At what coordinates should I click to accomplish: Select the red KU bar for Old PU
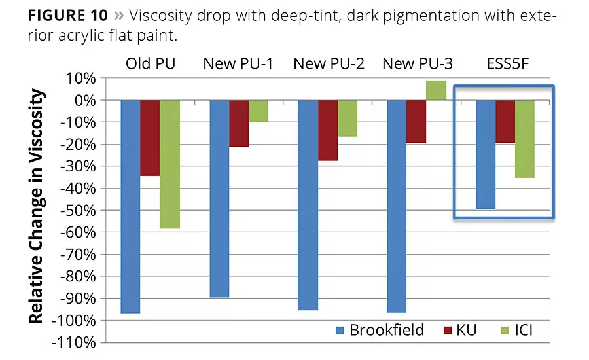tap(150, 138)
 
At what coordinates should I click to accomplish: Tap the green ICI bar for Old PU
tap(170, 164)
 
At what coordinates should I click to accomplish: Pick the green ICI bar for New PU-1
tap(259, 111)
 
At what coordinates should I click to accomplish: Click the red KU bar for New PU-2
tap(328, 130)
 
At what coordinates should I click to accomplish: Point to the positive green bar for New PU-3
tap(436, 90)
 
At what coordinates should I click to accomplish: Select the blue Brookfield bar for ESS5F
tap(485, 154)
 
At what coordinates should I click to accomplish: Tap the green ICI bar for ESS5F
tap(524, 139)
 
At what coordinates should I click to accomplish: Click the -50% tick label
tap(77, 211)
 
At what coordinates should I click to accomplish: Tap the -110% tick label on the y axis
tap(74, 342)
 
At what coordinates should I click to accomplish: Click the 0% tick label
tap(83, 100)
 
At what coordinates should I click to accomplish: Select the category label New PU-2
tap(327, 63)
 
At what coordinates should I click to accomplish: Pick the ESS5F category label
tap(505, 63)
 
